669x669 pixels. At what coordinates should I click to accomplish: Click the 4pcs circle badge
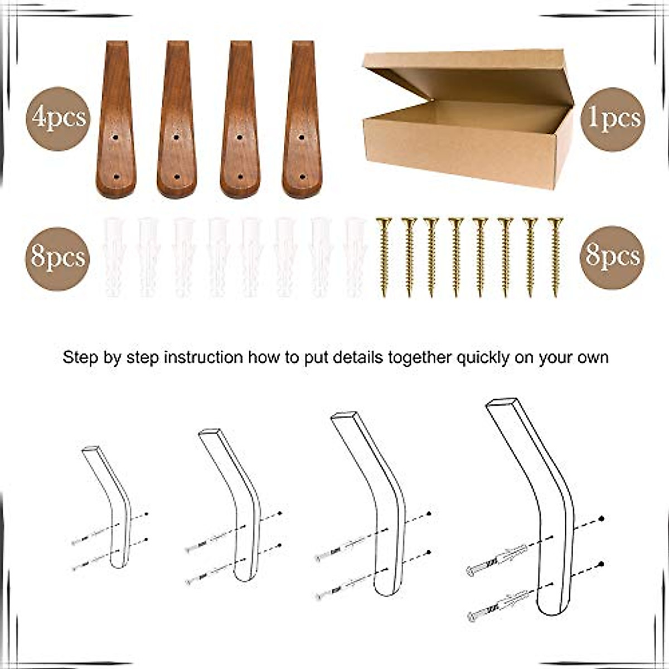click(58, 119)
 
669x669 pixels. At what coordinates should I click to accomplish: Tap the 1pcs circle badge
click(612, 119)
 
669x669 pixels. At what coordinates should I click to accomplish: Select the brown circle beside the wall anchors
click(58, 258)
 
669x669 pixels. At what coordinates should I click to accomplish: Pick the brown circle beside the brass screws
click(612, 256)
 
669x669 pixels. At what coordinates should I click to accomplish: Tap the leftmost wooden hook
click(116, 120)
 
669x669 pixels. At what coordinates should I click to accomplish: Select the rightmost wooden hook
click(302, 120)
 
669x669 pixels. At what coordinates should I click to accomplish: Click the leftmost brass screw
click(383, 256)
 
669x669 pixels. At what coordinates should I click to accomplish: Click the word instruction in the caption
click(202, 357)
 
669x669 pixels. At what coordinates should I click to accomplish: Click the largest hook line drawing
click(532, 502)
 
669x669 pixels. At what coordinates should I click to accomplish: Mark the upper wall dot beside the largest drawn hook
click(602, 519)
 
